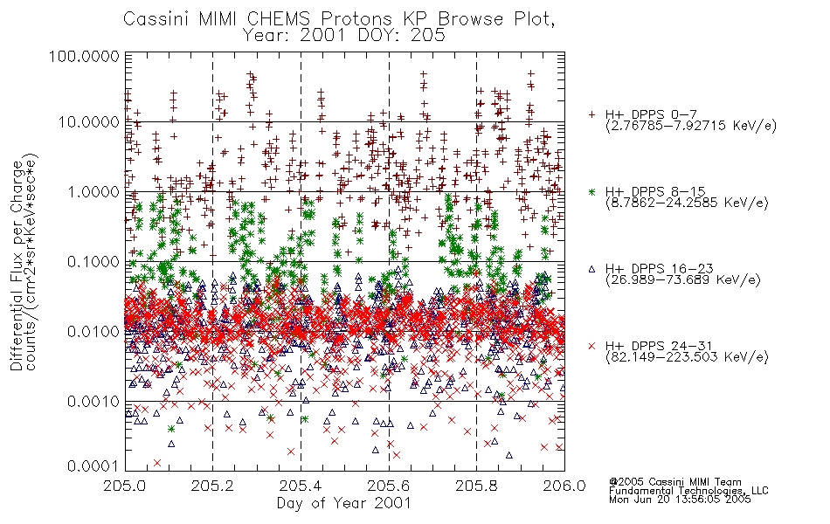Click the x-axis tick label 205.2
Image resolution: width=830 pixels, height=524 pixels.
tap(213, 486)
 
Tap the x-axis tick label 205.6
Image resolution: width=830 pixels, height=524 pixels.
tap(389, 486)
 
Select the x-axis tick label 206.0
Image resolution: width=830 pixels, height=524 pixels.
tap(564, 486)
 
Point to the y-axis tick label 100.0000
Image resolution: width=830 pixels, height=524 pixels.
tap(85, 56)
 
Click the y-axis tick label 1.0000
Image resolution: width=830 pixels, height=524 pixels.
tap(93, 191)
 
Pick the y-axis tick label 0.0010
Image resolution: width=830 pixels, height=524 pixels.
tap(93, 401)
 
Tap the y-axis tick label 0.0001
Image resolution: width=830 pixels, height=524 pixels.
tap(93, 465)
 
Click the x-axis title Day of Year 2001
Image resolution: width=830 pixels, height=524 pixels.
tap(344, 503)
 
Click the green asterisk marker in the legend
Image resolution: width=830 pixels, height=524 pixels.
tap(591, 192)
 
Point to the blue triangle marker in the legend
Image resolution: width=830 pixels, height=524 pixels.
tap(591, 269)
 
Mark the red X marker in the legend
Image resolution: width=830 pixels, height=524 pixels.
tap(591, 346)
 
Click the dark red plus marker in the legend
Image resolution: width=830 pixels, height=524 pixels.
tap(591, 114)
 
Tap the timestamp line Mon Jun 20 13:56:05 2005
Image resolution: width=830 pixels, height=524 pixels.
tap(680, 500)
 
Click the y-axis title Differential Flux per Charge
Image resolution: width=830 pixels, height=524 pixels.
tap(17, 265)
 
